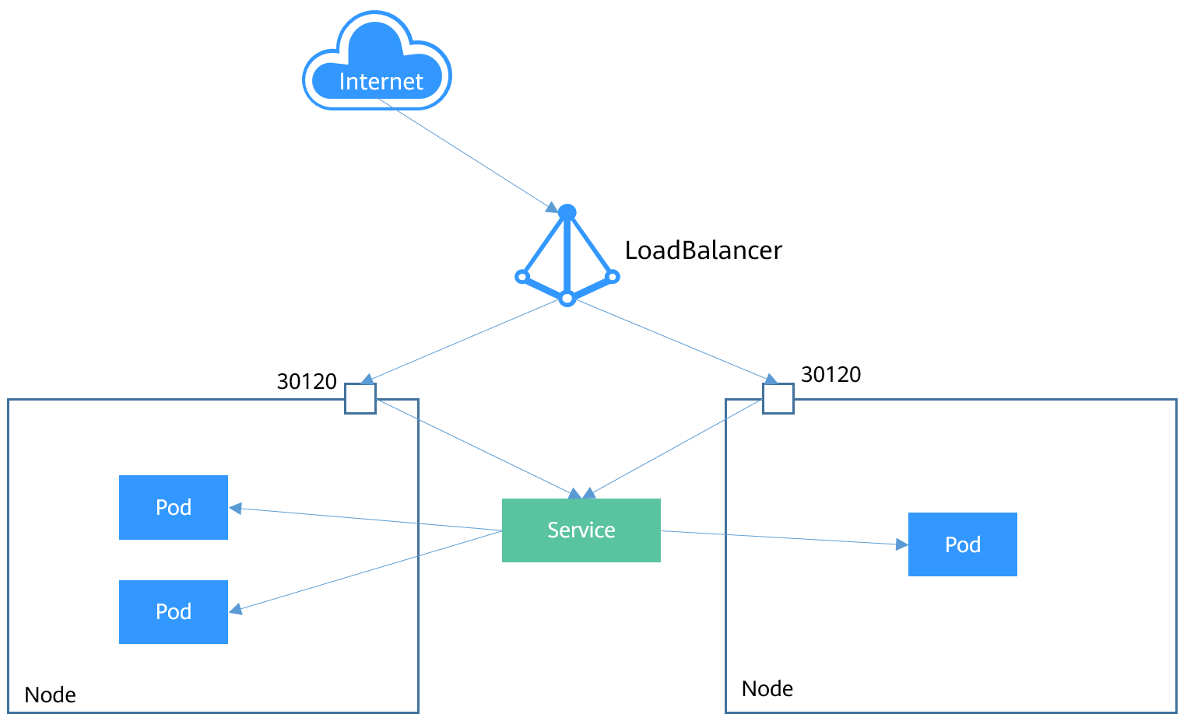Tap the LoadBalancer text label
(703, 250)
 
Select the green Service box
(581, 530)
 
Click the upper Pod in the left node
(174, 507)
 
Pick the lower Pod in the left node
(174, 612)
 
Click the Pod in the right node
(962, 544)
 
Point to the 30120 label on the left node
(307, 382)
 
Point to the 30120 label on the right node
(831, 375)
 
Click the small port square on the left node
(360, 398)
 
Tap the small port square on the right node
(778, 398)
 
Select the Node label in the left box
(51, 695)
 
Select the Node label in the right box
(767, 688)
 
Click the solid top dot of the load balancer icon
(567, 212)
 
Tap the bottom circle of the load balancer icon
(567, 299)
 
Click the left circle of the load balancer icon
(522, 277)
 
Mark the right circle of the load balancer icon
(613, 276)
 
